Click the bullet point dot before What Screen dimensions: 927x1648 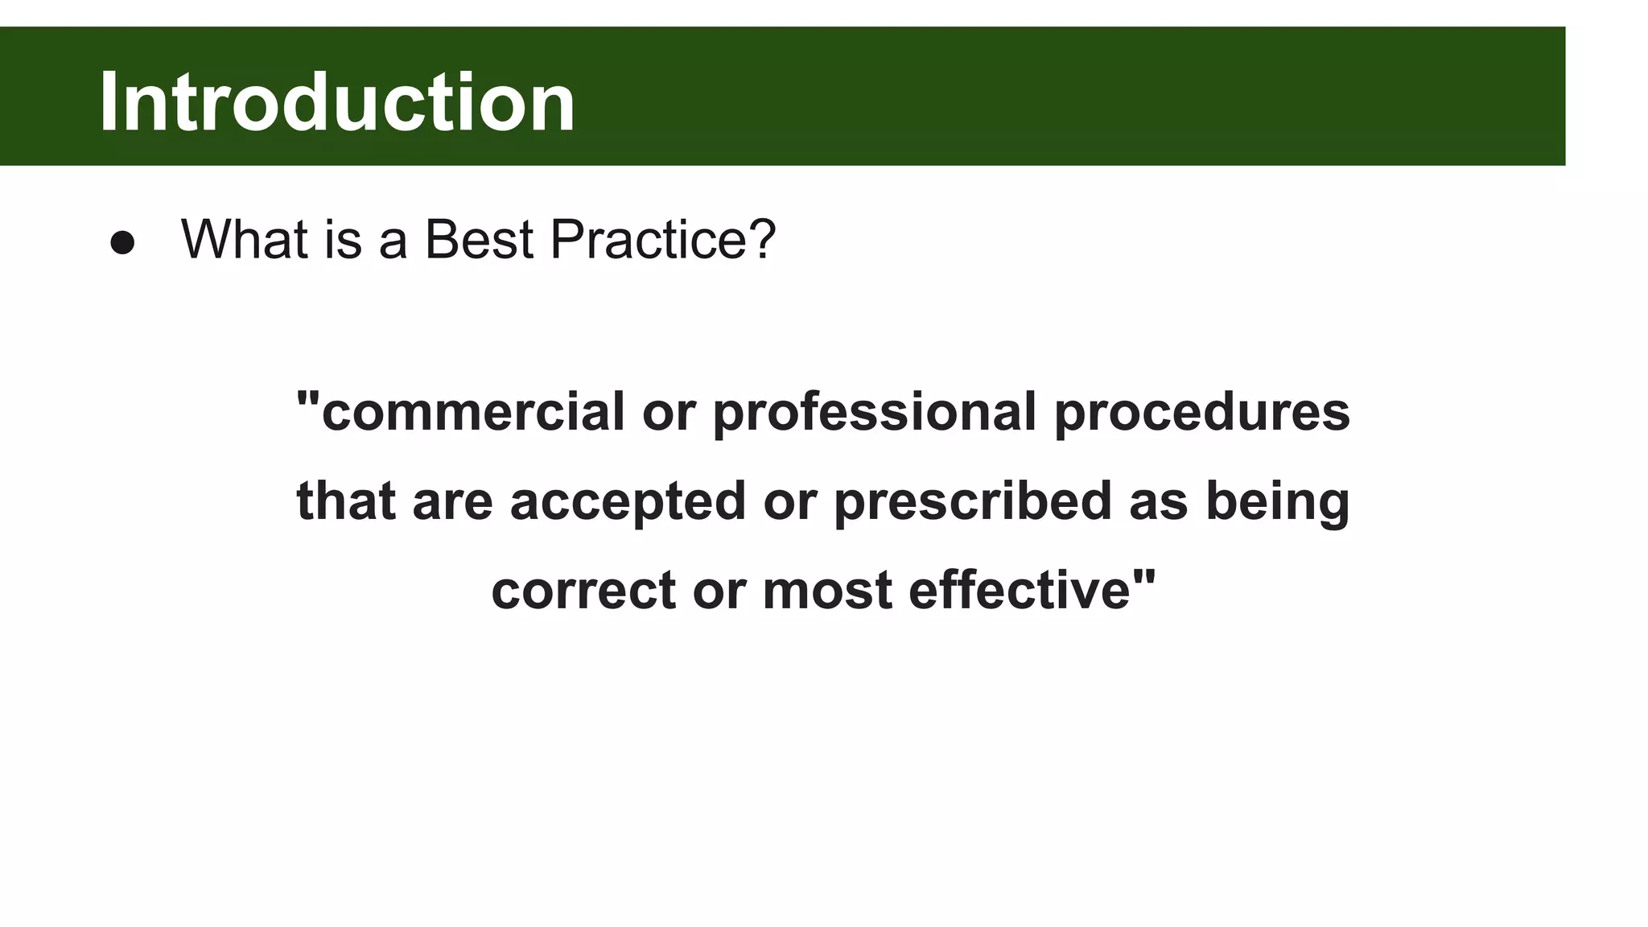pos(122,243)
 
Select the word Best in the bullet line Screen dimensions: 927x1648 pos(479,239)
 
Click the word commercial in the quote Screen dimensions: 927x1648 pos(473,412)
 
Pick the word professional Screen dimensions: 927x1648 pos(874,412)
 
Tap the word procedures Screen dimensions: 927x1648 pos(1201,412)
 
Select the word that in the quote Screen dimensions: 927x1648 pos(346,501)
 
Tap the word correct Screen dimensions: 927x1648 pos(583,590)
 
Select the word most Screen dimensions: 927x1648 pos(827,590)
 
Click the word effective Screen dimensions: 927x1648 pos(1020,590)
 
